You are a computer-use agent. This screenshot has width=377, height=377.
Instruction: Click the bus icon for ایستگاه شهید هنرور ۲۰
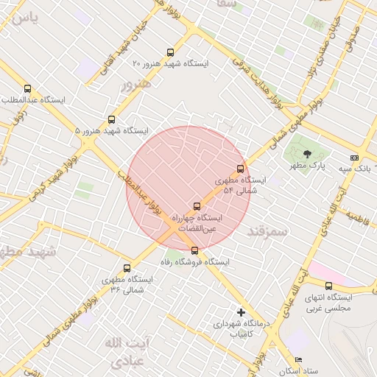point(171,52)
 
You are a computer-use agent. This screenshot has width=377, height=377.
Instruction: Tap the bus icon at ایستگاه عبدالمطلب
point(28,89)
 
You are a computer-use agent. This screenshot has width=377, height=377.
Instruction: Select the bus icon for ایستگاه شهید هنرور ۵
point(112,119)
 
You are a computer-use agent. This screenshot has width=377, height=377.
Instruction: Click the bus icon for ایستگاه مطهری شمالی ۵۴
point(240,169)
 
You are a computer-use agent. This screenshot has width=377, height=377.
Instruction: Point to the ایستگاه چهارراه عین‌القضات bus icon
point(196,206)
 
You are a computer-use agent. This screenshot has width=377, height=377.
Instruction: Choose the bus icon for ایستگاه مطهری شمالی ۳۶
point(127,268)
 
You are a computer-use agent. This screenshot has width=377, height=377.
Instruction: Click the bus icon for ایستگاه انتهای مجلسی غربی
point(328,286)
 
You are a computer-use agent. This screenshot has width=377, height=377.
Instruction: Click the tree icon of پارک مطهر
point(306,153)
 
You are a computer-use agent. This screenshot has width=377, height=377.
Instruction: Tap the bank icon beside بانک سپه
point(355,158)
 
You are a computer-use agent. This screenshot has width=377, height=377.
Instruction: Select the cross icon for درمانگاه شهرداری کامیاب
point(240,312)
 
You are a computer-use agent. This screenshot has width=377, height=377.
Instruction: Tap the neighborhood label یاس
point(20,17)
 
